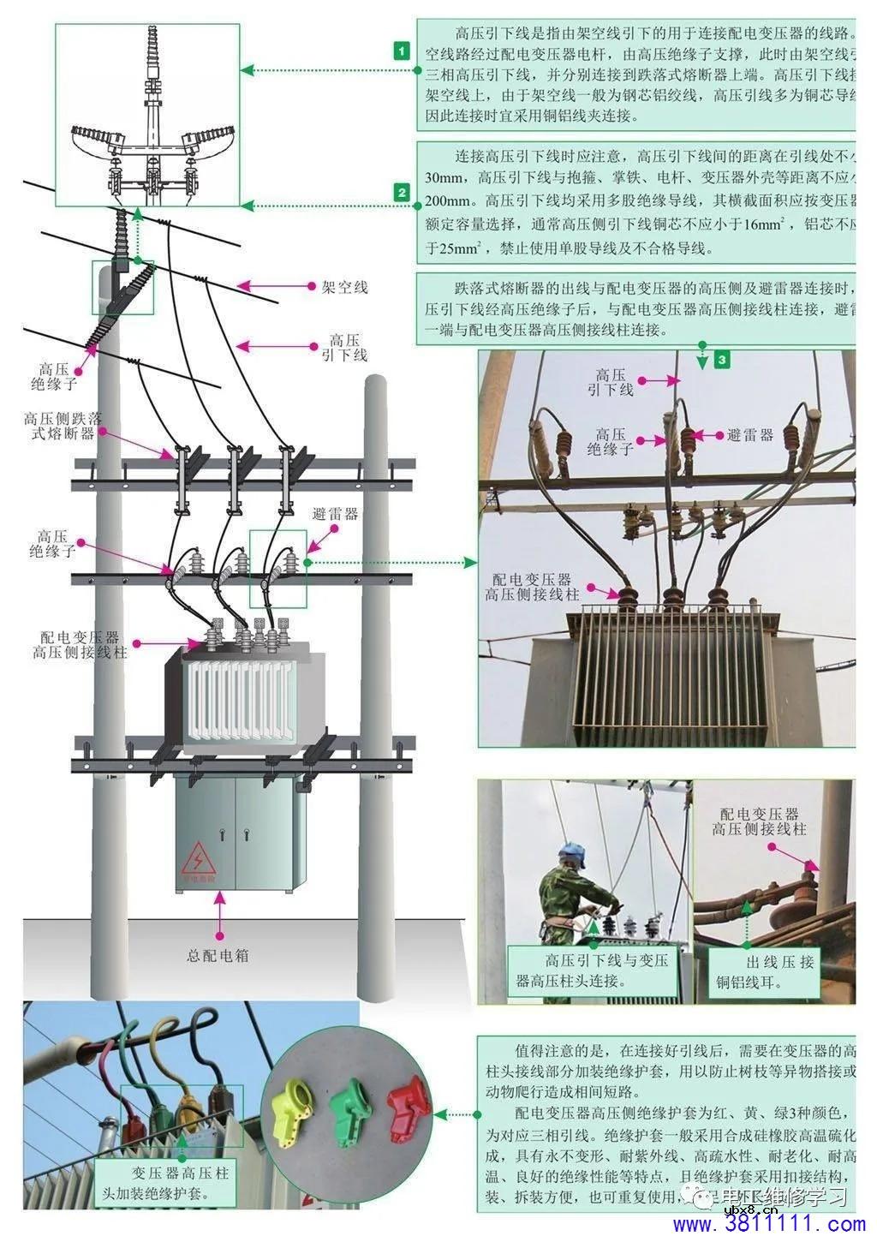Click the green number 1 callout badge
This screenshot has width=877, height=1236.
(403, 51)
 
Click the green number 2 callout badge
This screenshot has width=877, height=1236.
(403, 193)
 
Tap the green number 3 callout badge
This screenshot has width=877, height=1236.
(722, 360)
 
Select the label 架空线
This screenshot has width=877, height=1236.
(344, 287)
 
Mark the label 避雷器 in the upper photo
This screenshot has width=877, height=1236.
(749, 435)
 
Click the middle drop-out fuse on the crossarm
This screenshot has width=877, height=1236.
(233, 480)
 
